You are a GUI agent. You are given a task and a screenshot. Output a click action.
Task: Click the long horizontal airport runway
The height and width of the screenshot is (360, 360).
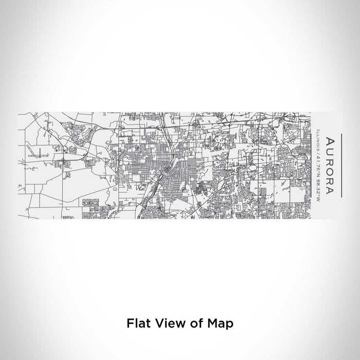point(41,153)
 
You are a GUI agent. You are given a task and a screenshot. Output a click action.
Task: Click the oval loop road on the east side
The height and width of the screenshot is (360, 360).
point(251,167)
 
